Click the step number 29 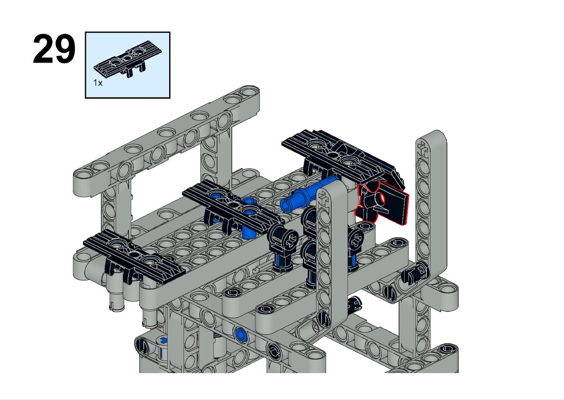point(54,48)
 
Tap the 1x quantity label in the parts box point(98,83)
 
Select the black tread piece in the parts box point(128,59)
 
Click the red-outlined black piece point(382,203)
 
